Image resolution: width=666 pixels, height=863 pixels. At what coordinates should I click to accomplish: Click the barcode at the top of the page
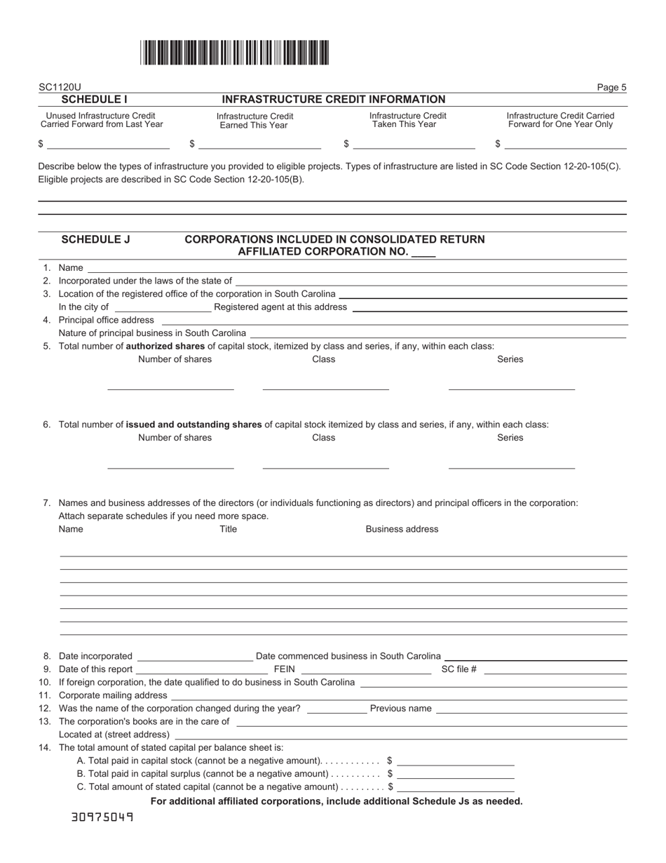pyautogui.click(x=234, y=53)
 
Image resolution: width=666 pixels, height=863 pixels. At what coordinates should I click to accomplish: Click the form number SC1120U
pyautogui.click(x=60, y=88)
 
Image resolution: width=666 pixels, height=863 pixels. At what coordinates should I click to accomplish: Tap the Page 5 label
pyautogui.click(x=611, y=88)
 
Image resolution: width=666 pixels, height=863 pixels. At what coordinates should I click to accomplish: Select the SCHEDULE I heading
pyautogui.click(x=94, y=100)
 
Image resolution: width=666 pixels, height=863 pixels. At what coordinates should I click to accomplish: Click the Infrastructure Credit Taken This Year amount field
pyautogui.click(x=414, y=144)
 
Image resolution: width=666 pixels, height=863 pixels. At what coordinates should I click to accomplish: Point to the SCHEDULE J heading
pyautogui.click(x=96, y=239)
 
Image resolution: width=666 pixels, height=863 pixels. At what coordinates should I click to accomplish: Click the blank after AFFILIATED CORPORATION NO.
pyautogui.click(x=423, y=252)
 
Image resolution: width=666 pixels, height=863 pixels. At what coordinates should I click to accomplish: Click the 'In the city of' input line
pyautogui.click(x=162, y=307)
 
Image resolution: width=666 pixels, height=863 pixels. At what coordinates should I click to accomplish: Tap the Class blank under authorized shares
pyautogui.click(x=325, y=383)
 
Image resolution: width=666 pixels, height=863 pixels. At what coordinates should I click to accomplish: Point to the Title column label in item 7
pyautogui.click(x=229, y=529)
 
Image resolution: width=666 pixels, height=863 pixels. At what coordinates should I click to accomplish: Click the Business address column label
pyautogui.click(x=402, y=529)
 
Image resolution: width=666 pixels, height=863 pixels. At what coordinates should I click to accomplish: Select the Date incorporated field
pyautogui.click(x=195, y=656)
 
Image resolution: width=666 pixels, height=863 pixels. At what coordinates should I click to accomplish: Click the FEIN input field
pyautogui.click(x=365, y=669)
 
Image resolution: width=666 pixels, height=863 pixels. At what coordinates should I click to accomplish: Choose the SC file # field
pyautogui.click(x=555, y=669)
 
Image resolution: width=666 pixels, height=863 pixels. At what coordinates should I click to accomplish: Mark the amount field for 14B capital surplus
pyautogui.click(x=455, y=774)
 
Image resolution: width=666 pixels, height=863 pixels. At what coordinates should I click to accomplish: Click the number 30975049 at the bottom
pyautogui.click(x=102, y=817)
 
